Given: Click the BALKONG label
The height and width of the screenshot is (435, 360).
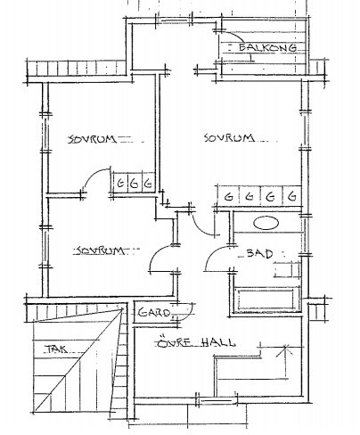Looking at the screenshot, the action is [x=267, y=47].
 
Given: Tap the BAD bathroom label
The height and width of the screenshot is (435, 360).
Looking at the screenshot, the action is [x=259, y=253].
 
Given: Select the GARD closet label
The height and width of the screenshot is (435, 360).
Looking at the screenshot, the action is [x=154, y=313].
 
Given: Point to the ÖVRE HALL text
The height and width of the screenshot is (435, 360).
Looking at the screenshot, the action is [x=196, y=342].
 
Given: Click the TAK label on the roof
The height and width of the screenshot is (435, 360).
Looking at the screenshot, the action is [x=56, y=349].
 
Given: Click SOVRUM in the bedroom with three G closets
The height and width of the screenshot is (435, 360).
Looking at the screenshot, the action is [x=92, y=139].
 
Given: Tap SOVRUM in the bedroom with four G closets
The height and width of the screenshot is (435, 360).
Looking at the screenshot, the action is [x=229, y=138].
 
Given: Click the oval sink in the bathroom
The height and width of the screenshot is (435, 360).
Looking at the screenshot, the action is [x=266, y=223].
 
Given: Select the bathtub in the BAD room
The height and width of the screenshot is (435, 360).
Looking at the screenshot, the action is [x=266, y=300].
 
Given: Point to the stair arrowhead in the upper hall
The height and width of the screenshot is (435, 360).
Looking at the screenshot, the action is [x=285, y=349].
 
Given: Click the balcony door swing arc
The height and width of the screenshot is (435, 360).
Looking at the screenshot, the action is [x=234, y=34].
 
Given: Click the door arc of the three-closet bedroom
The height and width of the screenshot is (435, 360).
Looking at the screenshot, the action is [x=93, y=175].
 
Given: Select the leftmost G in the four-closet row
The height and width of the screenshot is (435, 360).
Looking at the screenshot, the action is [x=228, y=196].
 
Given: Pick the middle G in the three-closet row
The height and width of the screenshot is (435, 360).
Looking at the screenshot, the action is [x=135, y=184].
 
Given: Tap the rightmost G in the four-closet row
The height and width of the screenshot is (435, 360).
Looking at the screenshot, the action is [x=292, y=196].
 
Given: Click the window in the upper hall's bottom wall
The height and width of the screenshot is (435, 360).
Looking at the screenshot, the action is [x=217, y=401].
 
